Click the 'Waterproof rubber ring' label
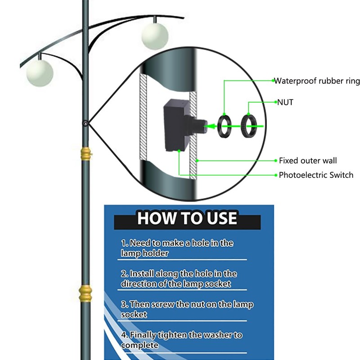click(317, 81)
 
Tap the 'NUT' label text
click(285, 102)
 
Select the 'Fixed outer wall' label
click(308, 161)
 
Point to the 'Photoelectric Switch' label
click(316, 175)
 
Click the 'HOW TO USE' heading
click(187, 218)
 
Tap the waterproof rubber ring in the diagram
click(224, 126)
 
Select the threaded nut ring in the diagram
click(249, 126)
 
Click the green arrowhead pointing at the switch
click(211, 126)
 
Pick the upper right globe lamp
click(155, 36)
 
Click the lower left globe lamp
click(40, 73)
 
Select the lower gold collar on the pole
click(85, 293)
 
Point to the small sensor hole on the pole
click(85, 124)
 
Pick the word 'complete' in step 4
click(139, 345)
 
